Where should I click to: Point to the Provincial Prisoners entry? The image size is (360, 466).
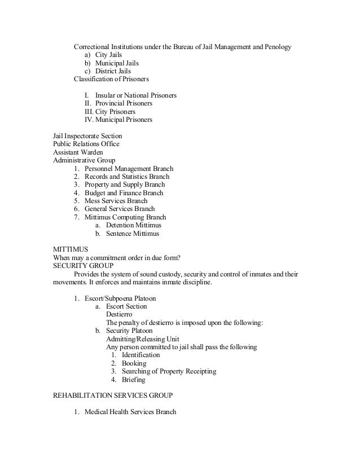pos(124,104)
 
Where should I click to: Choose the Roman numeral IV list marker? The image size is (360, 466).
pos(89,120)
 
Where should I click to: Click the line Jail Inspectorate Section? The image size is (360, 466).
pos(87,136)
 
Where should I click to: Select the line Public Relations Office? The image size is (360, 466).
pos(86,144)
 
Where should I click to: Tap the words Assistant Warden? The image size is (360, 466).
pos(78,152)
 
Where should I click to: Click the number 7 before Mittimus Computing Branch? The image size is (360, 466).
pos(76,217)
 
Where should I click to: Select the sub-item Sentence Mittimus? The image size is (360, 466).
pos(133,234)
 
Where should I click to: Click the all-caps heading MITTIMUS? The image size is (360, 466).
pos(70,249)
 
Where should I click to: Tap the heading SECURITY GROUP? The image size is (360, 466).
pos(83,266)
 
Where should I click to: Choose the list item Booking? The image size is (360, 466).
pos(134,363)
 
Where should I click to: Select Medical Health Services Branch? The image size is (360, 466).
pos(130,412)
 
